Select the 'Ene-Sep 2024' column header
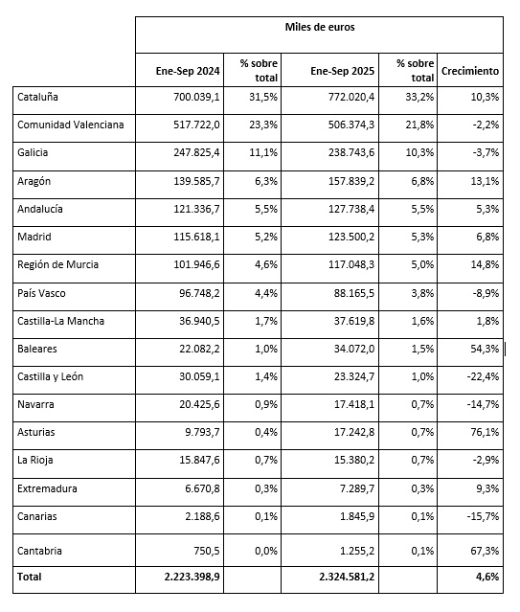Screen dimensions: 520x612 (189, 71)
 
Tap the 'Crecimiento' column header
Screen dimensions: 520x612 (470, 71)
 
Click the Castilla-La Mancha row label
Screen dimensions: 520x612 (61, 320)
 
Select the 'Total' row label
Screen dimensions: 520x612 (30, 577)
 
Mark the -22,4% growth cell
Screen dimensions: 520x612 (481, 376)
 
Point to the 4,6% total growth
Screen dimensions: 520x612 (486, 578)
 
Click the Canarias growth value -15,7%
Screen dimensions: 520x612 (481, 517)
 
